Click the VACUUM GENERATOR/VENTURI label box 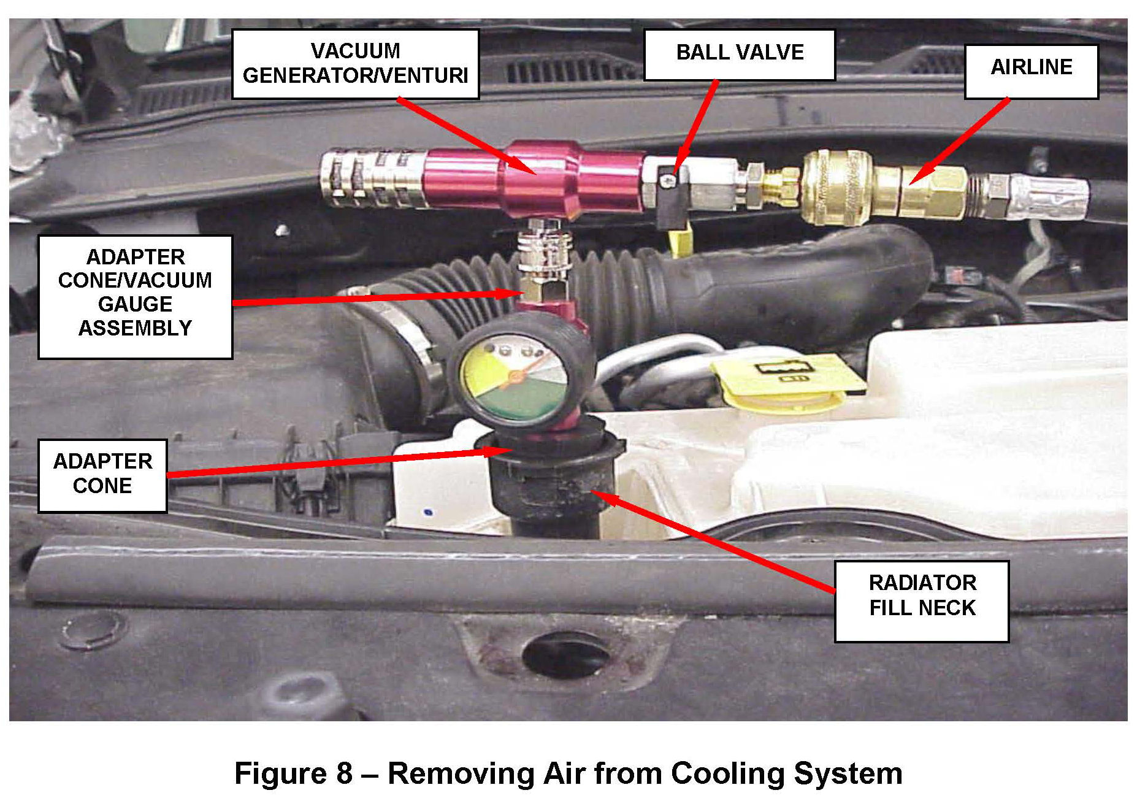355,64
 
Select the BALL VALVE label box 739,54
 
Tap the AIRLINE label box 1031,71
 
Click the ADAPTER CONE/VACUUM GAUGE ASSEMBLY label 135,297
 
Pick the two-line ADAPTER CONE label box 102,475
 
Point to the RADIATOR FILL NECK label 921,601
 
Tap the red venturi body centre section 540,178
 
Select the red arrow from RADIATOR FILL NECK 711,540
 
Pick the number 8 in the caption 344,773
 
